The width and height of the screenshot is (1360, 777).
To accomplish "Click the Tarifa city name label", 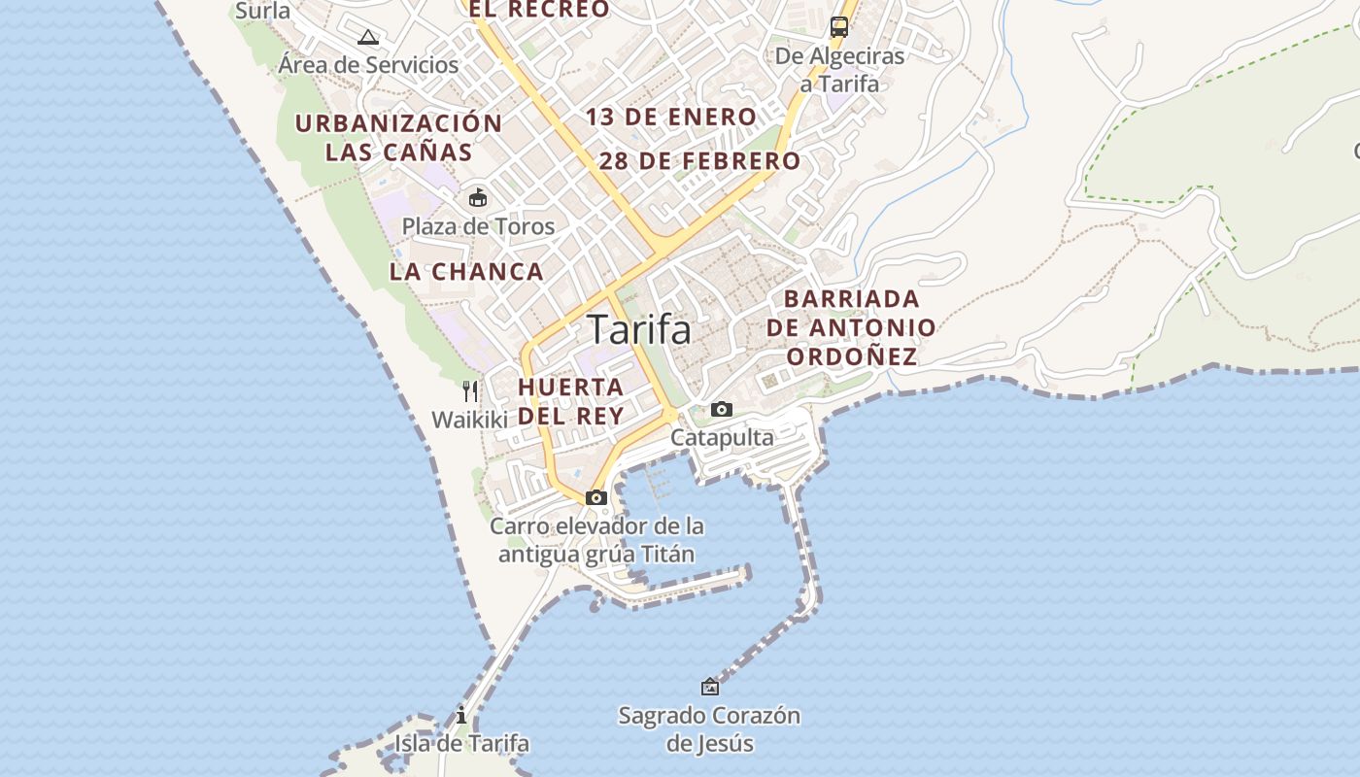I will (x=639, y=330).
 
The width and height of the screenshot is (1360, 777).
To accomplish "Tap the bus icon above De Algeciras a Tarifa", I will (x=839, y=27).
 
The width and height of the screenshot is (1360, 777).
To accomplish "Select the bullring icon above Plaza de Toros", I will (x=478, y=198).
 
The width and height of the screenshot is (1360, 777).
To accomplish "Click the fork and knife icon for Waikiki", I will (x=470, y=391).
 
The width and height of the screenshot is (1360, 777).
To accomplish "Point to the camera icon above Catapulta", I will (x=721, y=410).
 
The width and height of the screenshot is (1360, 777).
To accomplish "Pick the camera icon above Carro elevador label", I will (x=596, y=498).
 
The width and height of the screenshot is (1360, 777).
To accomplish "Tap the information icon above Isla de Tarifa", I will (x=461, y=716).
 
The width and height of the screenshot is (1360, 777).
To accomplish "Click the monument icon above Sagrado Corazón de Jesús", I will (x=710, y=687).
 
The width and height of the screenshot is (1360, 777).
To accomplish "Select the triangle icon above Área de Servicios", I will (x=367, y=38).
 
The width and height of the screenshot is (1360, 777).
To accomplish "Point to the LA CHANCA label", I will (x=466, y=272).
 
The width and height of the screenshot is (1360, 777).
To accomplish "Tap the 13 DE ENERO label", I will (x=670, y=118).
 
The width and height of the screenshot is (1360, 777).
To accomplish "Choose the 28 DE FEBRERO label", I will (x=699, y=161).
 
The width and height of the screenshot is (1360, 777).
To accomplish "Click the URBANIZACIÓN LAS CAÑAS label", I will (x=398, y=138).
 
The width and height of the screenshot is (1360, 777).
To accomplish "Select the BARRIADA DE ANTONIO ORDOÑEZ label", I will (x=851, y=327).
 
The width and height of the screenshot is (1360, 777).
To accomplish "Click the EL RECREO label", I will (x=539, y=10).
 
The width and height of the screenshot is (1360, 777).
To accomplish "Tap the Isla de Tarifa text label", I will (x=461, y=744).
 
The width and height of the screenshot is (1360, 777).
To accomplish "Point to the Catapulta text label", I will (x=722, y=438).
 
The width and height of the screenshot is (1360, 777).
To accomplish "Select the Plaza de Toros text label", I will (x=478, y=227).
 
